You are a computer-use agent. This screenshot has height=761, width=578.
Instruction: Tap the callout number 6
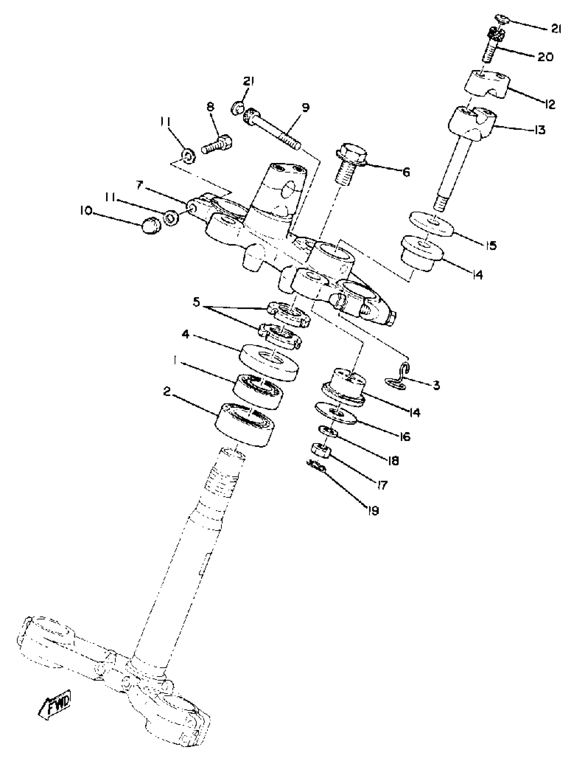pos(406,172)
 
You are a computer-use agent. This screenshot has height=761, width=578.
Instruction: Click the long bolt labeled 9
pos(272,129)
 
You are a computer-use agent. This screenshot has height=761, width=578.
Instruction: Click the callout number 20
pos(545,57)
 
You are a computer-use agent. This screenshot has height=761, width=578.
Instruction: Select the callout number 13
pos(540,130)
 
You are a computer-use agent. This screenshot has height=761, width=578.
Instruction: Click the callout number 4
pos(186,334)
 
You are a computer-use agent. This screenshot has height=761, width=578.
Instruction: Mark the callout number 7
pos(139,185)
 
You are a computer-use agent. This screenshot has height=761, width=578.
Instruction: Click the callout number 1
pos(175,361)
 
